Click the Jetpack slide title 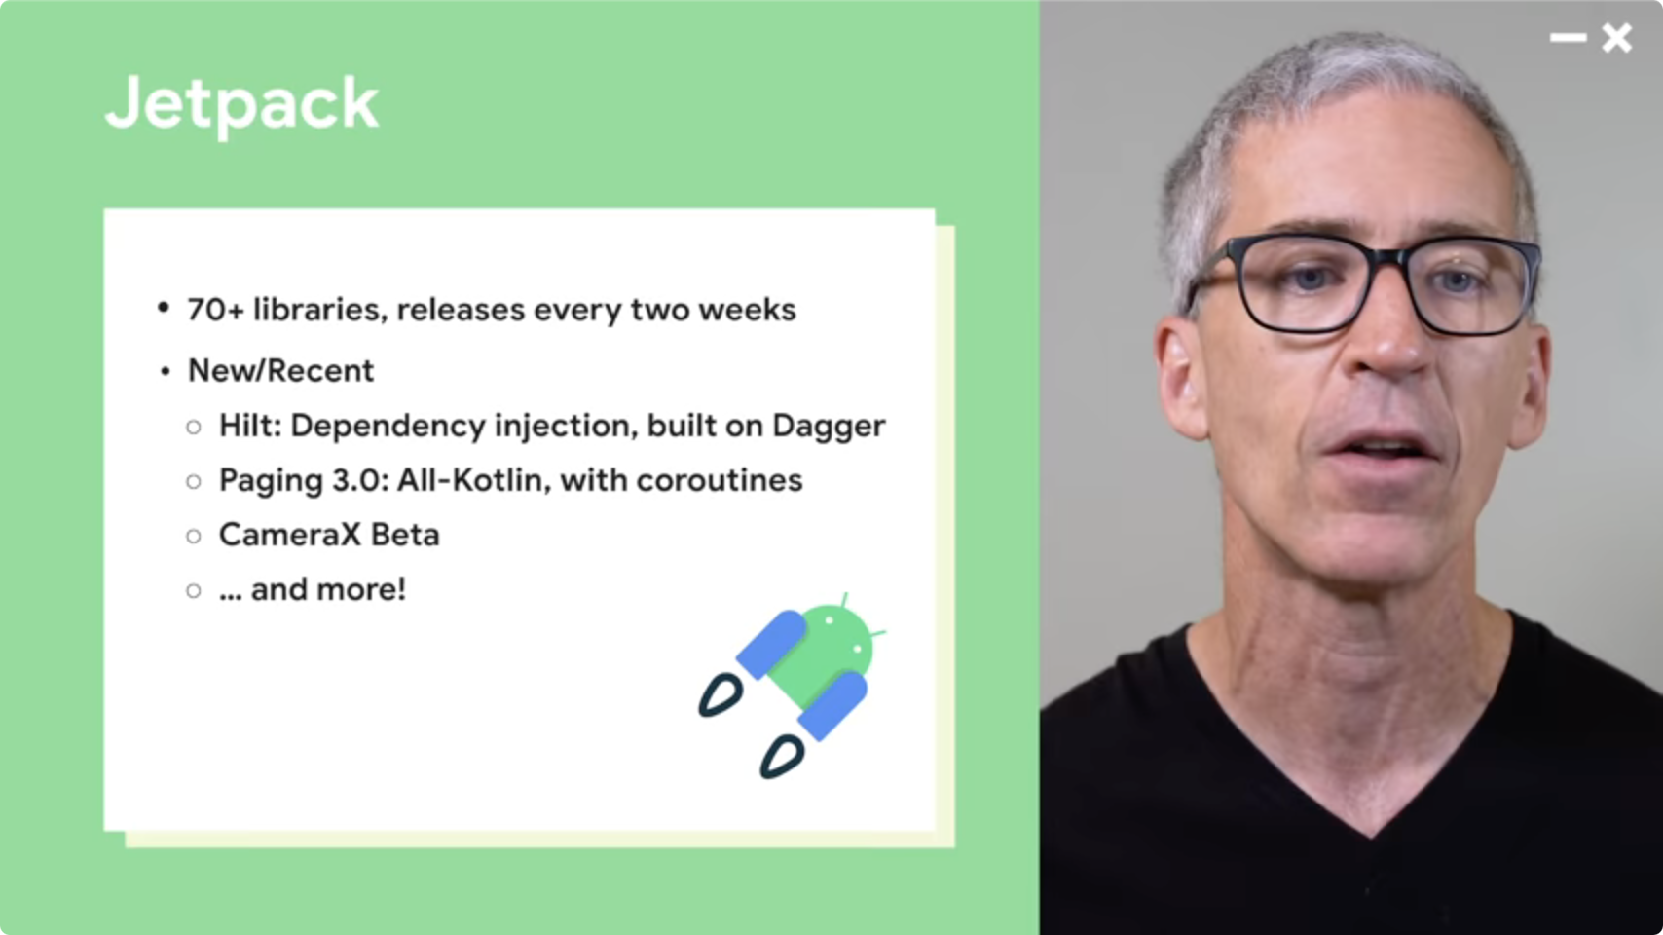click(242, 105)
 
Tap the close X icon click(1616, 38)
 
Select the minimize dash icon click(1568, 38)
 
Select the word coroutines click(720, 480)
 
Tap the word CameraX click(289, 535)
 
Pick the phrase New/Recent click(280, 370)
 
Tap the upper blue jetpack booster click(771, 644)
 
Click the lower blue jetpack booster click(832, 706)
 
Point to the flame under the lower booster click(782, 757)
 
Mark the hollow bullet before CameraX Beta click(194, 537)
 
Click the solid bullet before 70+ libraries click(164, 308)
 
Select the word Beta click(405, 535)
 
